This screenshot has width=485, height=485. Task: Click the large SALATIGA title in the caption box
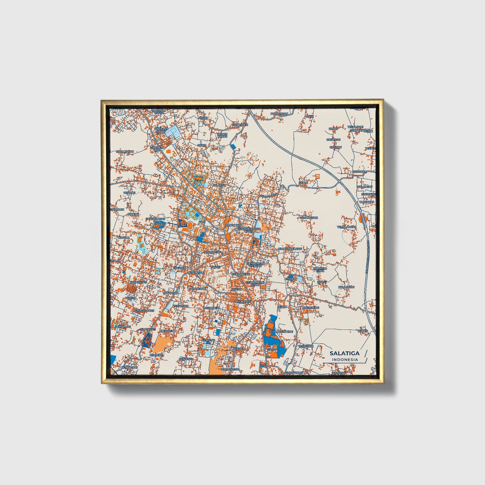[x=344, y=353]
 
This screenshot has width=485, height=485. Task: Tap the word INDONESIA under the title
[x=345, y=359]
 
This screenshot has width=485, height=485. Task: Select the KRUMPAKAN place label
[x=125, y=151]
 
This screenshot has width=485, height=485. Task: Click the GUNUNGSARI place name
[x=308, y=217]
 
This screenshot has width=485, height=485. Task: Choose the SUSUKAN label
[x=360, y=172]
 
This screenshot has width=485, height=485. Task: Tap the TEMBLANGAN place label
[x=347, y=227]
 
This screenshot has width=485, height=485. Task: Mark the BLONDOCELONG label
[x=290, y=248]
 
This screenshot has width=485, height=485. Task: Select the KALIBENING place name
[x=310, y=307]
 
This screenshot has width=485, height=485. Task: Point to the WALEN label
[x=362, y=331]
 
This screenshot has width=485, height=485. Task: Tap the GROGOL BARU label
[x=144, y=311]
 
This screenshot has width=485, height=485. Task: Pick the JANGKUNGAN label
[x=155, y=219]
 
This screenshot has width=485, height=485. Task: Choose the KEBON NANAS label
[x=222, y=135]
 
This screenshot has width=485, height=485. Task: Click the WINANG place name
[x=129, y=193]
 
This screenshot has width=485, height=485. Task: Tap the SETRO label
[x=303, y=183]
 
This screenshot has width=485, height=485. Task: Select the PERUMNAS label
[x=123, y=327]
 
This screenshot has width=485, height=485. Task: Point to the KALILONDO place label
[x=346, y=287]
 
